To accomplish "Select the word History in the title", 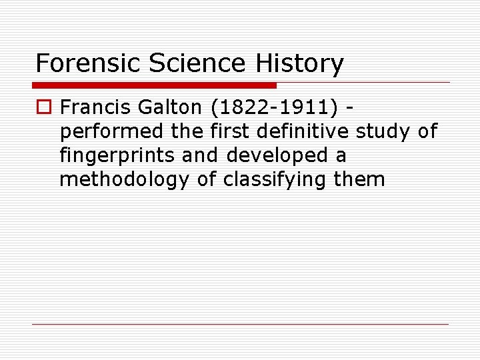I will [301, 63].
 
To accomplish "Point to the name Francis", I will [94, 107].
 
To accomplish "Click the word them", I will [361, 180].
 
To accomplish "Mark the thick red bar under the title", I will [154, 85].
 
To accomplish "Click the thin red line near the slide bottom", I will [240, 325].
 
